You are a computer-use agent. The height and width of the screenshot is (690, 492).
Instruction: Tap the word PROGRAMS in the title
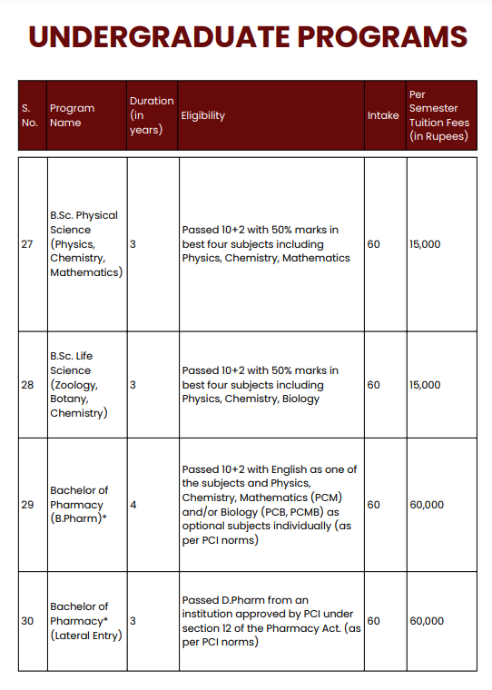pyautogui.click(x=381, y=37)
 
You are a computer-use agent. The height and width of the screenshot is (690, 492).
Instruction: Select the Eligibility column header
pyautogui.click(x=203, y=115)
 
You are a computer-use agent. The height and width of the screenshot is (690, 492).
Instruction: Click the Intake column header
pyautogui.click(x=383, y=115)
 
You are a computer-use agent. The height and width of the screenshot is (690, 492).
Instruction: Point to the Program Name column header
pyautogui.click(x=72, y=115)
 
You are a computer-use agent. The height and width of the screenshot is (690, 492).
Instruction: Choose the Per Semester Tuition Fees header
pyautogui.click(x=439, y=115)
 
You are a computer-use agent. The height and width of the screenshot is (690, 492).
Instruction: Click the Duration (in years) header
pyautogui.click(x=152, y=115)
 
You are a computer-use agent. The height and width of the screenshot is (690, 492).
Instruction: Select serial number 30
pyautogui.click(x=27, y=621)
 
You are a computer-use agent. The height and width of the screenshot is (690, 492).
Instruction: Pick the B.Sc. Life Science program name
pyautogui.click(x=82, y=385)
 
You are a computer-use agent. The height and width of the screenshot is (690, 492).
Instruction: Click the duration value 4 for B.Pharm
pyautogui.click(x=133, y=505)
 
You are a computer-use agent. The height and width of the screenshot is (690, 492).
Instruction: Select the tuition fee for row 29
pyautogui.click(x=427, y=505)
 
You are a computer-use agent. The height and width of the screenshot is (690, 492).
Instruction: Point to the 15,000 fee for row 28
pyautogui.click(x=425, y=385)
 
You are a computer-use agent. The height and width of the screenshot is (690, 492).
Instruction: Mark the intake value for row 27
pyautogui.click(x=374, y=244)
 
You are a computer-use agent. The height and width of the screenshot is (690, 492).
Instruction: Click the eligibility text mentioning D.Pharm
pyautogui.click(x=271, y=621)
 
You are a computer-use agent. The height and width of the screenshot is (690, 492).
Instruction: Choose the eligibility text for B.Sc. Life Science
pyautogui.click(x=260, y=385)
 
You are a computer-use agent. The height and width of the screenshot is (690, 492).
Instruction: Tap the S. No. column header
pyautogui.click(x=30, y=115)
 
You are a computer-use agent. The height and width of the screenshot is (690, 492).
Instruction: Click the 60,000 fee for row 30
pyautogui.click(x=427, y=621)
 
